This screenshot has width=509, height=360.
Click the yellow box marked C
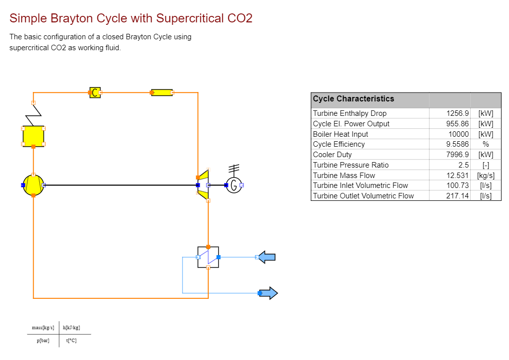pos(95,92)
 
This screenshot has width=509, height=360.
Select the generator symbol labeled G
pos(234,185)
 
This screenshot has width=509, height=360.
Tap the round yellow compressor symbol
pos(33,185)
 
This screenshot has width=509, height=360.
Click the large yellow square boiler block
pos(33,136)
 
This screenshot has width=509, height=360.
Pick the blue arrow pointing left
pos(267,257)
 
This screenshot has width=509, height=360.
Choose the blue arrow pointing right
pos(268,293)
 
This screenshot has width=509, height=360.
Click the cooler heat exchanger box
pos(208,257)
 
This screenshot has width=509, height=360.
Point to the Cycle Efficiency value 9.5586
pos(457,144)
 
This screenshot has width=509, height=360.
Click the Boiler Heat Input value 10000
pos(458,134)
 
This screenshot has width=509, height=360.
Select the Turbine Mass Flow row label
pos(344,176)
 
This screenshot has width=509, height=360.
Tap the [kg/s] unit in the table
pos(486,176)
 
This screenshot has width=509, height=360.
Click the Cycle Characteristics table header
pos(353,98)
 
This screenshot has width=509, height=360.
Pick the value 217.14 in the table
pos(457,196)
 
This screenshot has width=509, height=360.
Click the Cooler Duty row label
pos(332,155)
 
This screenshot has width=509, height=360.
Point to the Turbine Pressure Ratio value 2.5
pos(464,165)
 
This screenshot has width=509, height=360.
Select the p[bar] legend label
pos(43,341)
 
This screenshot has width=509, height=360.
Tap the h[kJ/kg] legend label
pos(72,328)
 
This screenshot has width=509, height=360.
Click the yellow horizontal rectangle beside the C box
pos(162,92)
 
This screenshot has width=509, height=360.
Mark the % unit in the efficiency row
pos(486,144)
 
